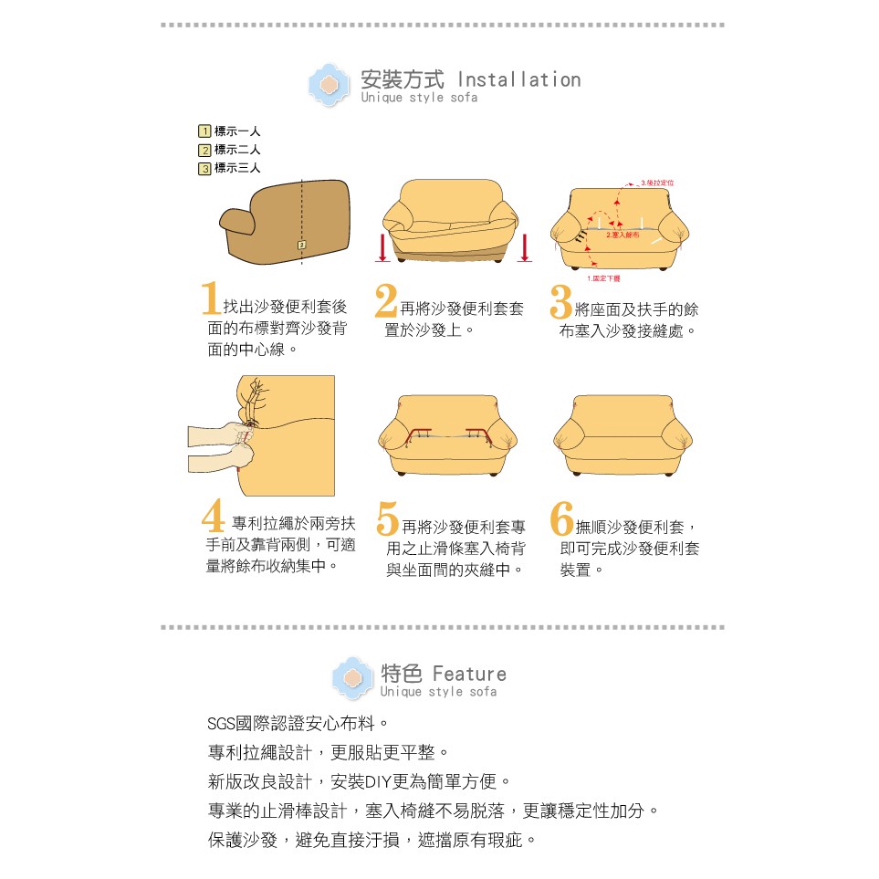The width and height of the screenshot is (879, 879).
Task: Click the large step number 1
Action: coord(211,300)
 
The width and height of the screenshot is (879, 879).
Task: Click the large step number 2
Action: coord(386,300)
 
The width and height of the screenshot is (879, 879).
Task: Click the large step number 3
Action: coord(561,300)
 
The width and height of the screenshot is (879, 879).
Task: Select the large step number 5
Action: coord(387,518)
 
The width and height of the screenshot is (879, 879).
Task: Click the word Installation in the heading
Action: coord(518,79)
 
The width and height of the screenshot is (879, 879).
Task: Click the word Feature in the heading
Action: coord(469,674)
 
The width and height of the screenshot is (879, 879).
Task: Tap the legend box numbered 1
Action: coord(205,131)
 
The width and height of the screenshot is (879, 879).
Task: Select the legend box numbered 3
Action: coord(205,168)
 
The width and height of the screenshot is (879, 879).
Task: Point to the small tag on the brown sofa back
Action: coord(301,245)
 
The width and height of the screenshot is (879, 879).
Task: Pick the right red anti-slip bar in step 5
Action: coord(476,432)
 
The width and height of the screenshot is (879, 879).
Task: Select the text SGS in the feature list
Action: coord(221,726)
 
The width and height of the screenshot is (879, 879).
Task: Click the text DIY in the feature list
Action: coord(377,782)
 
